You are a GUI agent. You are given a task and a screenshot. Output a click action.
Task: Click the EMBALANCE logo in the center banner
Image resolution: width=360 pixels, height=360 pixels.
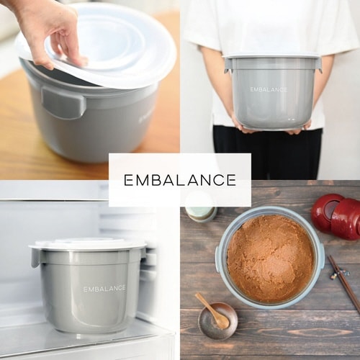tap(180, 180)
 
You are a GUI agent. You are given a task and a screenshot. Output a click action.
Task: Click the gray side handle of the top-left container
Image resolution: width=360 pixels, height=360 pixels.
tap(63, 103)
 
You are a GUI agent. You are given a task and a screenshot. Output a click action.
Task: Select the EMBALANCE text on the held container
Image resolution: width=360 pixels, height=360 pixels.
tap(269, 89)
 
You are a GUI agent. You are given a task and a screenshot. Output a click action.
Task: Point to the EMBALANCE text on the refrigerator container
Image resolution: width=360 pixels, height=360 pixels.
tap(104, 289)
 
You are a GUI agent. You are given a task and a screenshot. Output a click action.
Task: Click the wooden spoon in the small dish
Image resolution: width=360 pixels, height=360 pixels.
tap(212, 311)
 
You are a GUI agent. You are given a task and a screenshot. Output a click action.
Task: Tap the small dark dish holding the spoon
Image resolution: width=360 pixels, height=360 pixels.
tap(217, 320)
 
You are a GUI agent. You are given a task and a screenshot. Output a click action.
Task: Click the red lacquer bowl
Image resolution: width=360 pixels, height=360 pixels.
tap(336, 217)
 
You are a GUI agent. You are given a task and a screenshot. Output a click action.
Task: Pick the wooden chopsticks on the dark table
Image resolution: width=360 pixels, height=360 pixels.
tap(343, 283)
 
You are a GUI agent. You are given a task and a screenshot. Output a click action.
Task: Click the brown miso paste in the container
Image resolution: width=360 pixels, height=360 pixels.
tap(271, 258)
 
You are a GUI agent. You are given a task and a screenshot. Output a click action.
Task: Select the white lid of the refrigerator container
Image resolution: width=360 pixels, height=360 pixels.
tap(88, 244)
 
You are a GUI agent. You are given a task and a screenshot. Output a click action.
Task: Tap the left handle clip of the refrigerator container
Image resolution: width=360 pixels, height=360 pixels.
tap(36, 258)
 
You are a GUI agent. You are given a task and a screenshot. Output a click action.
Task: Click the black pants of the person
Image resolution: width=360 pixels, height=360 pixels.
tap(268, 153)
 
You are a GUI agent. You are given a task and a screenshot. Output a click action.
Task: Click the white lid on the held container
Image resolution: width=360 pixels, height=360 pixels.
tap(271, 56)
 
